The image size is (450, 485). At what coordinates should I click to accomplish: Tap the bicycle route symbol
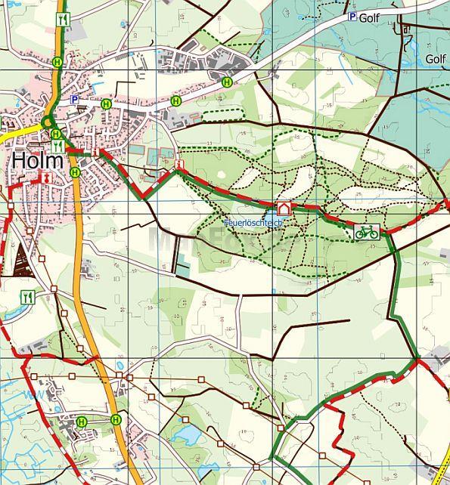(367, 232)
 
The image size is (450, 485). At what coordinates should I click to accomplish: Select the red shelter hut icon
(284, 208)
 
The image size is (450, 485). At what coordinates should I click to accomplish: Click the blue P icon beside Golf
(352, 17)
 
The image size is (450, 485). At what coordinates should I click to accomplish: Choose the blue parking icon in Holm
(74, 99)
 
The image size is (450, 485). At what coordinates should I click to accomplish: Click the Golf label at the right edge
(435, 58)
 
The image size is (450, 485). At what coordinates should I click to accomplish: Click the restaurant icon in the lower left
(29, 297)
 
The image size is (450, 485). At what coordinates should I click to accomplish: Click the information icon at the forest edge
(179, 164)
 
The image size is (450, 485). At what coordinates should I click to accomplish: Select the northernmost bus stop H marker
(57, 63)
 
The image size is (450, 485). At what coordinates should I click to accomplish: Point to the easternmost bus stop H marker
(226, 82)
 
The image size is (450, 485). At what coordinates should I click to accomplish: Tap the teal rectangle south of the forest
(182, 265)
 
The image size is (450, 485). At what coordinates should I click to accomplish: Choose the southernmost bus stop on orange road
(116, 419)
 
